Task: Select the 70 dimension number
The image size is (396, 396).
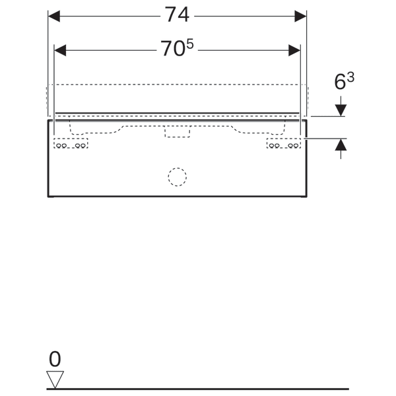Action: point(173,49)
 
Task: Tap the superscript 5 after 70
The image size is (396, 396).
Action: point(192,44)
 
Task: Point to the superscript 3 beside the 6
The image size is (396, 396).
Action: point(350,77)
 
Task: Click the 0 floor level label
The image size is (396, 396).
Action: point(55,359)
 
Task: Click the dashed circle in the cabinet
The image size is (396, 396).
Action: point(177,176)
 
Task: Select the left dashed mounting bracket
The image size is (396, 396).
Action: point(71,143)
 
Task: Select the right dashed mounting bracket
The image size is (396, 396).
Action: point(283,143)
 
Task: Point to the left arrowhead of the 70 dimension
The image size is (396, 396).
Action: point(60,49)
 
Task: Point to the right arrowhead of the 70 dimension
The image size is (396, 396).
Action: point(294,49)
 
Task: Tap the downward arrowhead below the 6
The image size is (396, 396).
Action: point(341,110)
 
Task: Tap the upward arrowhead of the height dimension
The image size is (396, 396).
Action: point(341,145)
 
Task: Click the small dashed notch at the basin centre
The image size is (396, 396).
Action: point(177,133)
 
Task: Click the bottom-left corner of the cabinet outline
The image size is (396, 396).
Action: point(48,196)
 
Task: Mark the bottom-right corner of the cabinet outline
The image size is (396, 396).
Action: point(306,196)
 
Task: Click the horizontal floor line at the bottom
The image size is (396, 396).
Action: point(198,389)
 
